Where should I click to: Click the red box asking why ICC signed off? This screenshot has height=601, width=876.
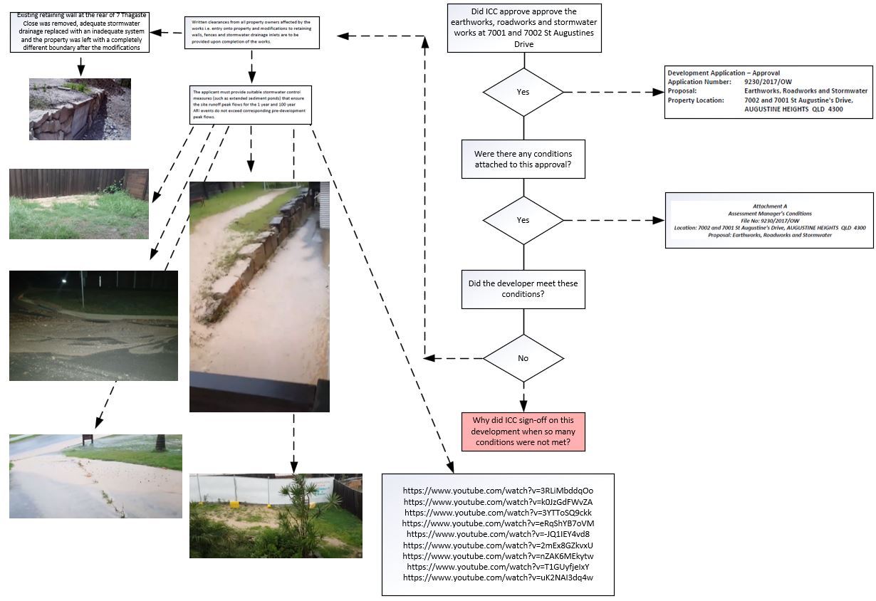click(523, 432)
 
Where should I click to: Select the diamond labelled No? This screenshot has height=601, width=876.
click(523, 358)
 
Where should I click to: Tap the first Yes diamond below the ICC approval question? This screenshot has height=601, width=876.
click(523, 92)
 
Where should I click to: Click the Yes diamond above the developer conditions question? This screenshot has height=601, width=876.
click(523, 220)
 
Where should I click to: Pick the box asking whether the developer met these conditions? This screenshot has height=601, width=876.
click(523, 288)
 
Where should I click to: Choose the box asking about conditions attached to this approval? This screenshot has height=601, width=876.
click(523, 159)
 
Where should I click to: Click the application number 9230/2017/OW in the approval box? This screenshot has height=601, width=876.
click(768, 82)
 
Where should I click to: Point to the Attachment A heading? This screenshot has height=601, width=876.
click(769, 206)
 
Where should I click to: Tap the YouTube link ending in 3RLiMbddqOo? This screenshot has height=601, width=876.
click(498, 491)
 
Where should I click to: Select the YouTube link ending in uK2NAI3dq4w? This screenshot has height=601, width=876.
click(498, 578)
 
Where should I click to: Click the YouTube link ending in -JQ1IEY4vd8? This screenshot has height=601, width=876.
click(498, 534)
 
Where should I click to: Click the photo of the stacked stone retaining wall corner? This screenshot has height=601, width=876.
click(80, 109)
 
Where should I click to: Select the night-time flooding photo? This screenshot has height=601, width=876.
click(93, 325)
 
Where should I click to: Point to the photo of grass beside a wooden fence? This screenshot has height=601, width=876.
click(78, 204)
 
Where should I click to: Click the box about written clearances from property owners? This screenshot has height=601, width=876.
click(252, 33)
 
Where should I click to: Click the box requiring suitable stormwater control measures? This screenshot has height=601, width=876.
click(252, 104)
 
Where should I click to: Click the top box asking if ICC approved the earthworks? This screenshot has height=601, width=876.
click(523, 28)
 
